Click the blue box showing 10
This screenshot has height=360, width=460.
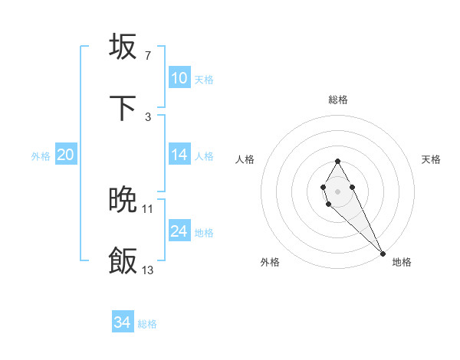point(179,78)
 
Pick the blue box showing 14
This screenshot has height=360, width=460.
point(179,155)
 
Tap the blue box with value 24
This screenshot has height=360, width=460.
point(179,231)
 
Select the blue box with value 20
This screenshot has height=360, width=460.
point(66,155)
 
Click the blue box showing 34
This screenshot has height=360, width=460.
point(123,322)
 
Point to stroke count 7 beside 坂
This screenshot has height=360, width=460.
point(147,55)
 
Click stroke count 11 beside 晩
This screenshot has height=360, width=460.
point(148,208)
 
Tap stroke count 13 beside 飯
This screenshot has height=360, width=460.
point(148,270)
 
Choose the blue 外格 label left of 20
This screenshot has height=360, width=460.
point(41,156)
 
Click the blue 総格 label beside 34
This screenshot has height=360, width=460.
point(147,324)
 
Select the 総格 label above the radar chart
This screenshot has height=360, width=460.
point(338,100)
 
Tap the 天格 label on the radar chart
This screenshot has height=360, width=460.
point(432,159)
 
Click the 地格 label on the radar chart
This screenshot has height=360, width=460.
point(402,262)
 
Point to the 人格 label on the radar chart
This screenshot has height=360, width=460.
point(245,159)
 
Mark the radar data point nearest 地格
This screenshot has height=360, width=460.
point(383,253)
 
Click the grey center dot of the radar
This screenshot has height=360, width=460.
point(337,190)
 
